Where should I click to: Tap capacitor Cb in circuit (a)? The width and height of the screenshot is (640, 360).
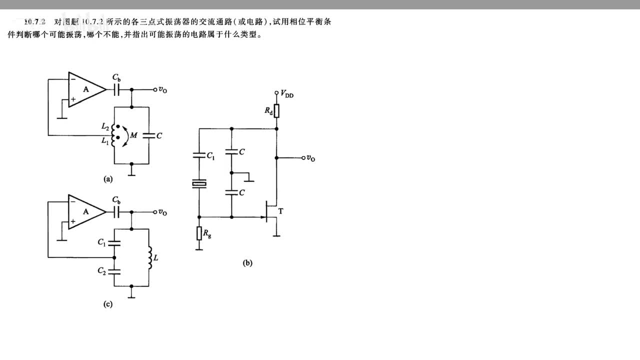[117, 89]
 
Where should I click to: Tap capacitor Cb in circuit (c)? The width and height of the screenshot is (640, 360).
[117, 212]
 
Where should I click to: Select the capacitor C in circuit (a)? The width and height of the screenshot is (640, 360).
[149, 135]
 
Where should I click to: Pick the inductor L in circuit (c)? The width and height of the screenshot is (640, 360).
[149, 257]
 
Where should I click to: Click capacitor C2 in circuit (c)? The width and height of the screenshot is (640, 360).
[114, 271]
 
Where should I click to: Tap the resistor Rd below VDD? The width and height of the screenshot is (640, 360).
[276, 110]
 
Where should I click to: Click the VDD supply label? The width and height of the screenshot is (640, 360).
[287, 94]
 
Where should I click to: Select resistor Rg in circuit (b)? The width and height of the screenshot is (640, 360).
[199, 232]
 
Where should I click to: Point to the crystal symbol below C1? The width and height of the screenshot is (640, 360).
[199, 185]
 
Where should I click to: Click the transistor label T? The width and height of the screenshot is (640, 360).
[280, 211]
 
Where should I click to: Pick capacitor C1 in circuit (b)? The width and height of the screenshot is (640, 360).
[199, 155]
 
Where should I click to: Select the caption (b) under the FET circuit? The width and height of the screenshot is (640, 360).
[247, 263]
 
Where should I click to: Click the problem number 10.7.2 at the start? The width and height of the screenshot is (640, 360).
[35, 22]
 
